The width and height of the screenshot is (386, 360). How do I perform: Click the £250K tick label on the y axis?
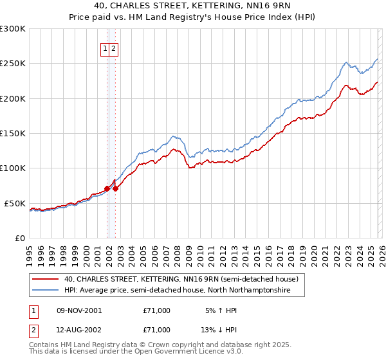(x=13, y=64)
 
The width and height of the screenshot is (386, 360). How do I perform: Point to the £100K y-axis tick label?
(x=13, y=168)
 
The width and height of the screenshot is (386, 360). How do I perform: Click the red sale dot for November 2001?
(x=107, y=188)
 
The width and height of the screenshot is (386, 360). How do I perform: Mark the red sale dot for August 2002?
(x=115, y=188)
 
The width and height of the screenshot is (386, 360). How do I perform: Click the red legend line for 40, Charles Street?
(x=46, y=280)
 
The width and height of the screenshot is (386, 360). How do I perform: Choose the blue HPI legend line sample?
(x=46, y=291)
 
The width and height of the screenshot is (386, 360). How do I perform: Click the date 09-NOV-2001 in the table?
(x=79, y=310)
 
